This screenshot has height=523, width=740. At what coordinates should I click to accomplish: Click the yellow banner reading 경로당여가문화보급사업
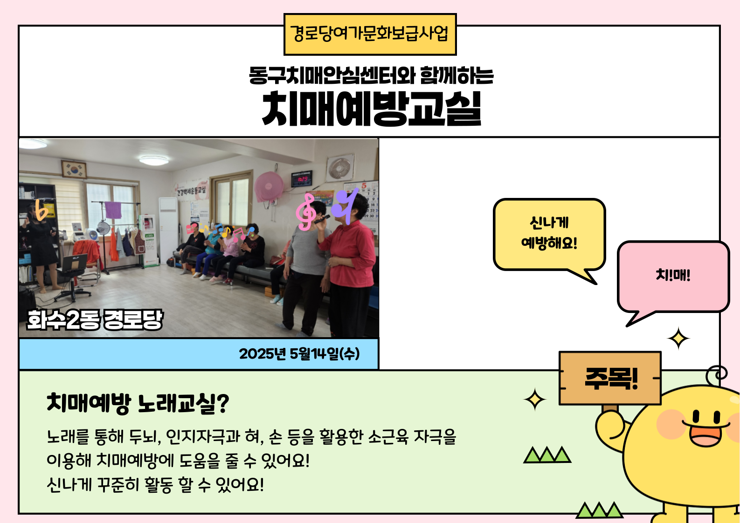tap(370, 34)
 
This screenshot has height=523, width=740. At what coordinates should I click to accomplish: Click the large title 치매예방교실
tap(371, 109)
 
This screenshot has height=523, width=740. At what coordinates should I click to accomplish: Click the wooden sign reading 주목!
tap(610, 378)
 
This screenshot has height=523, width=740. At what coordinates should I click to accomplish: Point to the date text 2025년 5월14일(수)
tap(299, 354)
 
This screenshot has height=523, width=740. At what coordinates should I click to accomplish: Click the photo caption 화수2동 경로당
tap(95, 319)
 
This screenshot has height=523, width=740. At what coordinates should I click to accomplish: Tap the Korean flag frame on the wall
tap(74, 169)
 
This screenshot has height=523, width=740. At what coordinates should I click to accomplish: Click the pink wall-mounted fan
tap(269, 187)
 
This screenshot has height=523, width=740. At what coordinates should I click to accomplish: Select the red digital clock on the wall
tap(301, 179)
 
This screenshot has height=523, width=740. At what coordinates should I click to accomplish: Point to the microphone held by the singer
tap(322, 219)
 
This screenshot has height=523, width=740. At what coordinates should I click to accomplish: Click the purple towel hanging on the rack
tap(113, 210)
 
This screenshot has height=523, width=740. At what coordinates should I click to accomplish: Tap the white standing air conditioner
tap(168, 230)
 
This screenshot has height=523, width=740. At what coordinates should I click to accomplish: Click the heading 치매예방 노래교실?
tap(138, 403)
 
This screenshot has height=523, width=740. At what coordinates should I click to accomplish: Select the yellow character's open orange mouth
tap(705, 435)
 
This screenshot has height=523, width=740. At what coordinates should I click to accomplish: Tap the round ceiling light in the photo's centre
tap(153, 161)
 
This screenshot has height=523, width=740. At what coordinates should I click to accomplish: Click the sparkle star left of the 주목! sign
tap(535, 400)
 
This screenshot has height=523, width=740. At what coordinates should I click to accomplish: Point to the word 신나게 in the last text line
tap(69, 485)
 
